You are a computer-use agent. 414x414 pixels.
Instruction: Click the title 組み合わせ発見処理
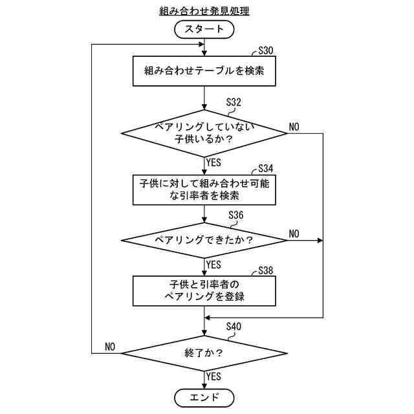tap(204, 11)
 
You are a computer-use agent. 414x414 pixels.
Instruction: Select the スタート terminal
tap(204, 29)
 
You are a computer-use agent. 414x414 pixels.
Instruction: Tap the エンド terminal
tap(204, 397)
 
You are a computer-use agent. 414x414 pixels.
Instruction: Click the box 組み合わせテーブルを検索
tap(204, 71)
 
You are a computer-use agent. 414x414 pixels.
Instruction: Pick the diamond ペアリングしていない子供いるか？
tap(204, 133)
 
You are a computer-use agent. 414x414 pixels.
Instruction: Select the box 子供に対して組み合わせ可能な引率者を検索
tap(204, 189)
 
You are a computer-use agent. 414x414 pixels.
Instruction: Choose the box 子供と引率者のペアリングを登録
tap(204, 290)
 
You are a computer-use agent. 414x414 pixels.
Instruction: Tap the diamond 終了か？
tap(204, 353)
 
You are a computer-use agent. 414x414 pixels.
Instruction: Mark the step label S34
tap(266, 168)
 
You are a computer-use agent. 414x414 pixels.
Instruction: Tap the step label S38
tap(266, 270)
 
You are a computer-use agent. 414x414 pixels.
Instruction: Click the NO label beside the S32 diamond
tap(294, 127)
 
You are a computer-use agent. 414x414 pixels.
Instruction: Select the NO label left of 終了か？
tap(110, 347)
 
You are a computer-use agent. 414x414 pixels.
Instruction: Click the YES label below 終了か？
tap(213, 376)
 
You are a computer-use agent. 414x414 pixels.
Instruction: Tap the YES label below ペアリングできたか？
tap(213, 265)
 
